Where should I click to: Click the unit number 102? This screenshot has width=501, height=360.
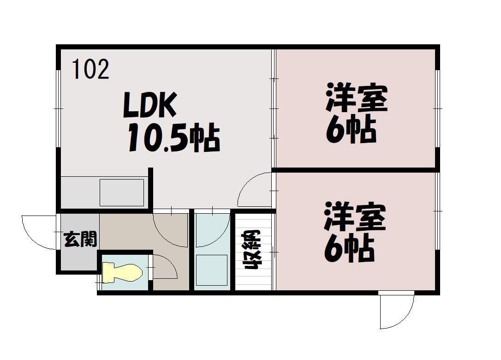pos(91,69)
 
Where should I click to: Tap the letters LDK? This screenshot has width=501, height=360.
pos(149,105)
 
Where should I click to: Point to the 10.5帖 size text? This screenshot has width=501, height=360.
pos(174,138)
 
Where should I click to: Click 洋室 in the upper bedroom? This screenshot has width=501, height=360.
pos(357,97)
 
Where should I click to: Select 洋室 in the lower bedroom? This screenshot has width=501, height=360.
pos(355,216)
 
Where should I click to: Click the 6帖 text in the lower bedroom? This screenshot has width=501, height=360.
pos(349,249)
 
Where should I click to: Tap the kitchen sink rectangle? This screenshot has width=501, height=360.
pos(122,192)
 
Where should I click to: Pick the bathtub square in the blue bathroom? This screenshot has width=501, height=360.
pos(212,270)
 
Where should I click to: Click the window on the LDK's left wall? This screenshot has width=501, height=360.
pos(59,109)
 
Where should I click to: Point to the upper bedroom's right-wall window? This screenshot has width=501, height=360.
pos(437,109)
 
